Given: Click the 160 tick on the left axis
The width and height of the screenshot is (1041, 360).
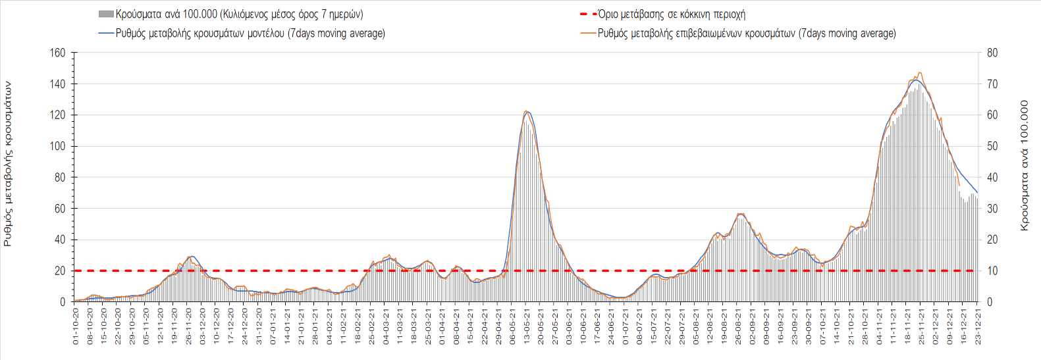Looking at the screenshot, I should tap(59, 53).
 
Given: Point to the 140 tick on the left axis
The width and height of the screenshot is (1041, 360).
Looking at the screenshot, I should tap(59, 84).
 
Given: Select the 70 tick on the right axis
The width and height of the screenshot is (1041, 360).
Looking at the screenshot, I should tap(992, 84).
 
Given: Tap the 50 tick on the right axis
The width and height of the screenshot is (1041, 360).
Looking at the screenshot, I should tap(992, 146).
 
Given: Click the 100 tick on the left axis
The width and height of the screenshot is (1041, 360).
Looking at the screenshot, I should tap(59, 146).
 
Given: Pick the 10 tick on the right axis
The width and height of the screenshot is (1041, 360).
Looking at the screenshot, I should tap(992, 271).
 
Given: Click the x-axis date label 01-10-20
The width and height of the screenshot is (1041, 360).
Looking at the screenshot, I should tap(76, 327).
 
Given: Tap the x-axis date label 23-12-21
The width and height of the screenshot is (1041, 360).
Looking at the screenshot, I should tap(978, 327).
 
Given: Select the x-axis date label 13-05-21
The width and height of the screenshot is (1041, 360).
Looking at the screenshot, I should tap(527, 327).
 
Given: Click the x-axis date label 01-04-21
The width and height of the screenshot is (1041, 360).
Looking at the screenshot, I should tap(442, 327).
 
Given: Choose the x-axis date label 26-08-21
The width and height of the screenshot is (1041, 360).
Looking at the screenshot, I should tap(739, 327).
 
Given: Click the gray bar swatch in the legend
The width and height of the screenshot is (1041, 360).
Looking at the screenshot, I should tap(106, 14).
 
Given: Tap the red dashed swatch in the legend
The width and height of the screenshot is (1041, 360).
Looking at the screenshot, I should tap(588, 14).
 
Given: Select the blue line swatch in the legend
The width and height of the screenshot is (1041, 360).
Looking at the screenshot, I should tap(106, 34).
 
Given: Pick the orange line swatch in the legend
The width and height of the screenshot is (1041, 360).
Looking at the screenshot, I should tap(588, 34).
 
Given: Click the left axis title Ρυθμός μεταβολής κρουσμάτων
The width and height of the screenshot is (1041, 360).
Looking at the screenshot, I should tap(8, 164).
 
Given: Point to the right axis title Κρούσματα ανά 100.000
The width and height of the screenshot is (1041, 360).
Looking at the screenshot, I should tap(1024, 165).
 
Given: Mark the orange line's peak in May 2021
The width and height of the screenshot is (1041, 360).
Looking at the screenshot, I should tap(526, 111).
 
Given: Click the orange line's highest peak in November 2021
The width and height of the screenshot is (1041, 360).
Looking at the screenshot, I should tap(920, 72).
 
